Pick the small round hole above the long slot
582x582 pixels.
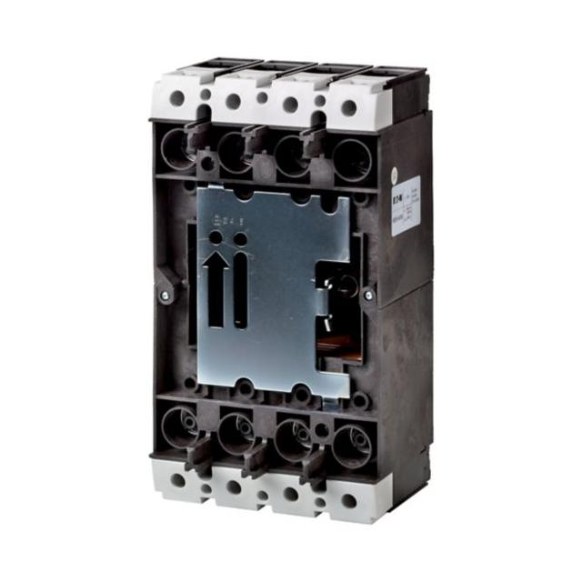240,238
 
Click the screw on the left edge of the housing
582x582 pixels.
164,295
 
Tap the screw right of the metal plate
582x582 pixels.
367,295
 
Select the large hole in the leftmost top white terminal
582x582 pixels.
176,98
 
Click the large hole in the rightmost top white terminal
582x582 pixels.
348,107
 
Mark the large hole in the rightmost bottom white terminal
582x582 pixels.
348,500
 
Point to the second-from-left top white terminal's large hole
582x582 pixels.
233,101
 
